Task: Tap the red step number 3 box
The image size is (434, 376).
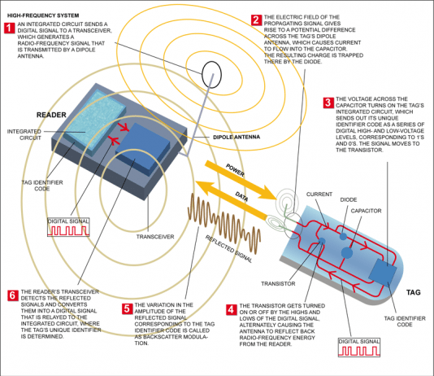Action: click(328, 103)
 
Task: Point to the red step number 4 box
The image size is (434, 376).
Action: click(231, 309)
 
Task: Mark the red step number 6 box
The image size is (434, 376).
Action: click(11, 294)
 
